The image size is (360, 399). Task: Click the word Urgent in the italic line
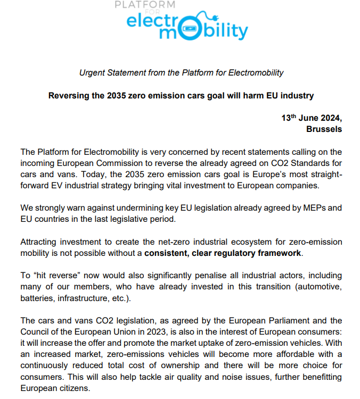click(92, 73)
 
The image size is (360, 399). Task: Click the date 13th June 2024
click(312, 118)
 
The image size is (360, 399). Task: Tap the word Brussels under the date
click(324, 129)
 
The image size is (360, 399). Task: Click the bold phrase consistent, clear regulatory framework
click(223, 253)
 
